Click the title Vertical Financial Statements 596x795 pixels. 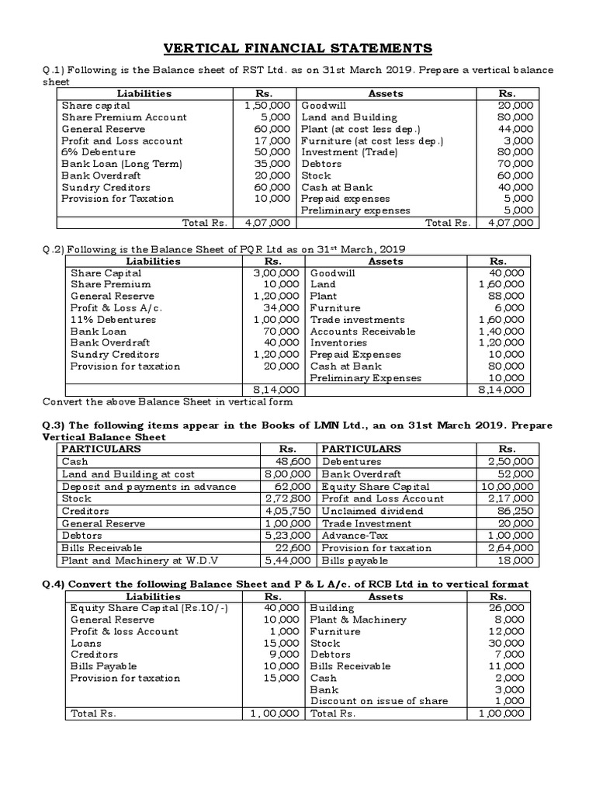click(x=298, y=49)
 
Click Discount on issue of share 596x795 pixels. click(x=379, y=701)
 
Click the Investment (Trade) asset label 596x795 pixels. click(x=349, y=152)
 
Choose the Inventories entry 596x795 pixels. click(x=338, y=342)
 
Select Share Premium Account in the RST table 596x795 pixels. click(x=124, y=117)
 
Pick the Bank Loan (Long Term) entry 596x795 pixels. click(x=121, y=164)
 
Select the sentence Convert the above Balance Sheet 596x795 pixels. click(x=167, y=402)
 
